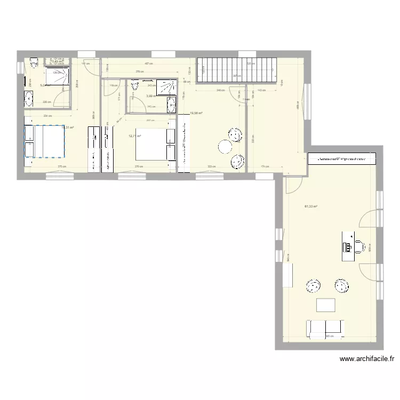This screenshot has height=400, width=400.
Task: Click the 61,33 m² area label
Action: coord(311,206)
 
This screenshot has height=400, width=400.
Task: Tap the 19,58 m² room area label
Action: coord(197,113)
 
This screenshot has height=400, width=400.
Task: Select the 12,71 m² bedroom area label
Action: coord(134,136)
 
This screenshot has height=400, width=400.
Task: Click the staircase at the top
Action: coord(238,70)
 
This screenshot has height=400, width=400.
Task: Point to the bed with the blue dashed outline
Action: coord(44,141)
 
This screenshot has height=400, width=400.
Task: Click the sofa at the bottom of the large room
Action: coord(325,329)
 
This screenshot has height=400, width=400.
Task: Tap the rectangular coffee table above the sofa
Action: coord(326,305)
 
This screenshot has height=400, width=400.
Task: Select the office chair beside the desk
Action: coord(360,246)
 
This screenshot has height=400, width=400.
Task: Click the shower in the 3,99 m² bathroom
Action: coord(169,86)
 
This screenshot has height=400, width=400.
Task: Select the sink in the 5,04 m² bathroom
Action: coord(28,98)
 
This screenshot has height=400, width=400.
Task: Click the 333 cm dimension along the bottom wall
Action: coord(211,167)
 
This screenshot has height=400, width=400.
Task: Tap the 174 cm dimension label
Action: coord(265,167)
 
